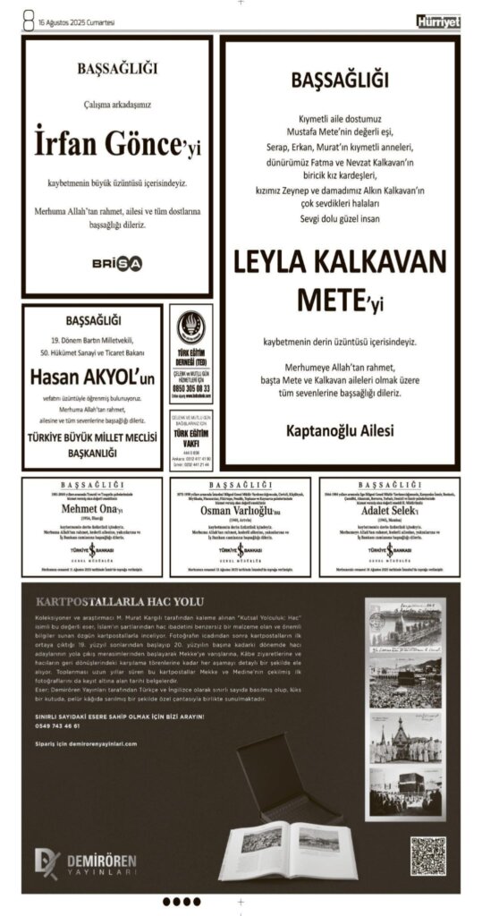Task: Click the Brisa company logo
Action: tap(117, 263)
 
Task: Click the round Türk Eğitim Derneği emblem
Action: tap(190, 324)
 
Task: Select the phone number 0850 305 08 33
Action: tap(191, 389)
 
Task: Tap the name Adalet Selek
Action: tap(388, 509)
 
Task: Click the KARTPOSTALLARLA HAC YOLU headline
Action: tap(119, 601)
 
